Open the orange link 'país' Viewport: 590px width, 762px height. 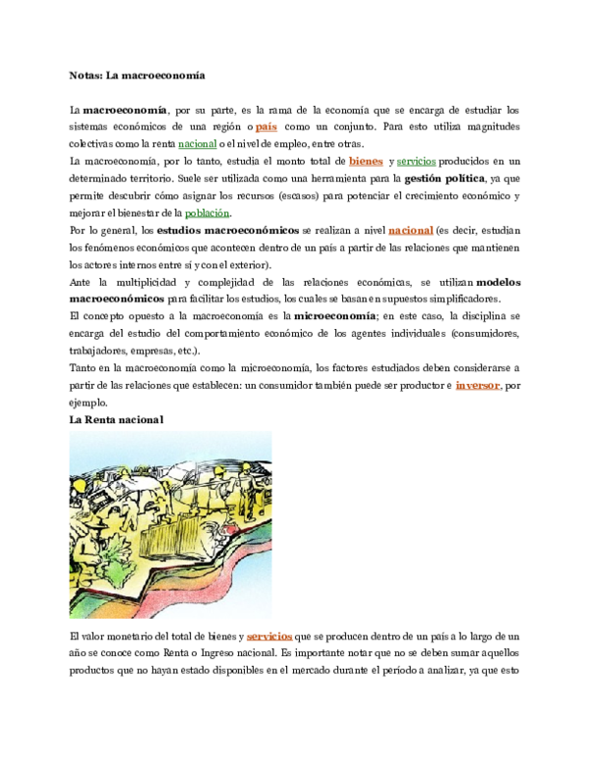pos(266,127)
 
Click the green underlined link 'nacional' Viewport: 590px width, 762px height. pos(197,143)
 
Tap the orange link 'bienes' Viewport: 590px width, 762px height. pos(366,161)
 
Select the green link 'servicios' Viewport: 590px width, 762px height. pos(416,161)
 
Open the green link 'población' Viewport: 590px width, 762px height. pos(206,213)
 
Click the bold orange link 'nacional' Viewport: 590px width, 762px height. pos(411,231)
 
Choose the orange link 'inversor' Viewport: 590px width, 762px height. pos(478,385)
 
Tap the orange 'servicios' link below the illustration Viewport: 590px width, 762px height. pos(269,636)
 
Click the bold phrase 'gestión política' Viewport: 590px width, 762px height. pos(444,179)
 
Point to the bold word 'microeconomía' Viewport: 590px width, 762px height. pos(335,316)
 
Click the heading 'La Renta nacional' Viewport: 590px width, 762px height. pos(116,420)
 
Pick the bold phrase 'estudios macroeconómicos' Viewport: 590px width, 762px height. pos(228,231)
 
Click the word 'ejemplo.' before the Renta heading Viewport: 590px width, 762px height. pos(88,403)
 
